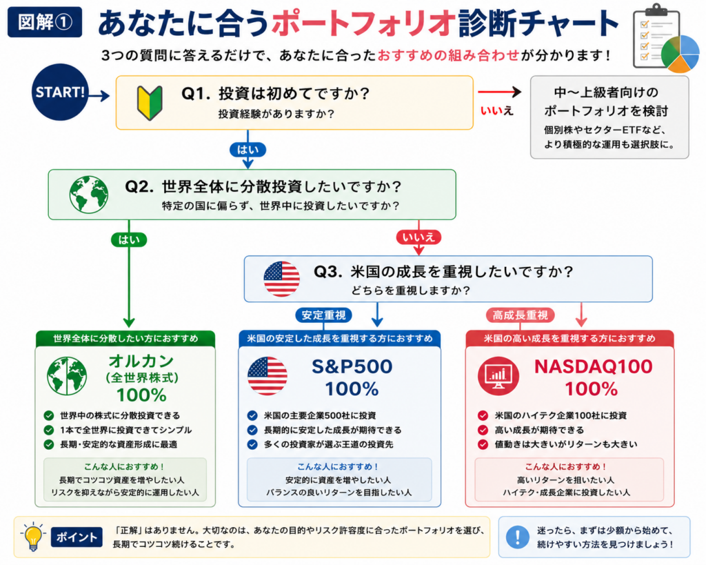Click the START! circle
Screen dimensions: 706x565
pyautogui.click(x=60, y=92)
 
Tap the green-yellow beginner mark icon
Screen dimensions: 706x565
pyautogui.click(x=150, y=103)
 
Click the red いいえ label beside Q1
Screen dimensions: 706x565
pyautogui.click(x=496, y=110)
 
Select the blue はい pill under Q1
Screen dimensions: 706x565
pyautogui.click(x=248, y=150)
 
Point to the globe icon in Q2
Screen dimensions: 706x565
pyautogui.click(x=89, y=194)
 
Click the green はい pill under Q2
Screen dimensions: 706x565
pyautogui.click(x=129, y=239)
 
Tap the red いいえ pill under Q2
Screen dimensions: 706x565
pyautogui.click(x=418, y=237)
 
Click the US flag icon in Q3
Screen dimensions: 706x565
pyautogui.click(x=281, y=279)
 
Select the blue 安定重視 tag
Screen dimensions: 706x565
pyautogui.click(x=323, y=315)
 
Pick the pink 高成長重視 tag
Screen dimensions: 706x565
pyautogui.click(x=520, y=315)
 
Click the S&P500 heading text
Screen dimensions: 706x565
pyautogui.click(x=352, y=366)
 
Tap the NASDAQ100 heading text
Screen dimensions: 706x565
pyautogui.click(x=593, y=366)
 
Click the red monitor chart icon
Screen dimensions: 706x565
pyautogui.click(x=498, y=376)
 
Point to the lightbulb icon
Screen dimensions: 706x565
pyautogui.click(x=32, y=537)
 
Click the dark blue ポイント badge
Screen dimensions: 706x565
pyautogui.click(x=77, y=537)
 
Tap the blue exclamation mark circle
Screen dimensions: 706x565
pyautogui.click(x=517, y=537)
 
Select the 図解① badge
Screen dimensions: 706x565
pyautogui.click(x=45, y=21)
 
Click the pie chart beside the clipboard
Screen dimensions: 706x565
pyautogui.click(x=680, y=54)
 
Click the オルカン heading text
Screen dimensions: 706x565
pyautogui.click(x=141, y=361)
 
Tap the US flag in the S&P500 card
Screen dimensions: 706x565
pyautogui.click(x=267, y=376)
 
